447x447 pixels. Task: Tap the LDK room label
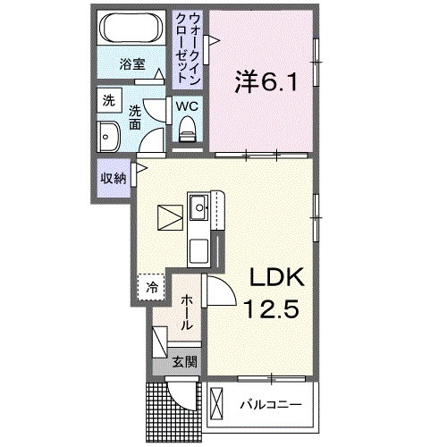coord(276,278)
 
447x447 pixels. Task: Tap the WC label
coord(187,106)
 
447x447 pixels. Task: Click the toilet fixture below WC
coord(187,131)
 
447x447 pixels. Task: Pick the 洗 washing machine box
coord(109,100)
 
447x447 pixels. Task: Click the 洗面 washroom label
coord(134,118)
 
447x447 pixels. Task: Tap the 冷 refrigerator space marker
coord(152,287)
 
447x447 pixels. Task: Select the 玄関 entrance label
coord(185,364)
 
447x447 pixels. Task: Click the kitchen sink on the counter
coord(198,211)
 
